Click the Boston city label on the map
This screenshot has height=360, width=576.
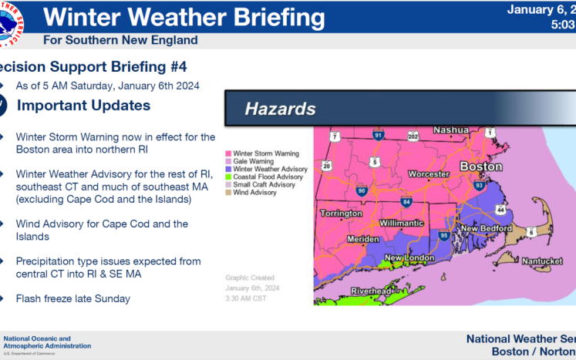pos(480,167)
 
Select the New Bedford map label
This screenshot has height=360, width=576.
pos(486,229)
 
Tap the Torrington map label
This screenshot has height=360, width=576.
pos(339,214)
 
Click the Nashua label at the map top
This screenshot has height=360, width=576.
pos(454,130)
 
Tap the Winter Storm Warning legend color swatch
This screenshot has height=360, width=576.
pos(228,153)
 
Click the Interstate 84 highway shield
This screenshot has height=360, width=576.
pos(406,202)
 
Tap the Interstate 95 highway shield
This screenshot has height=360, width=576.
pos(443,235)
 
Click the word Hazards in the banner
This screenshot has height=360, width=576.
pos(280,109)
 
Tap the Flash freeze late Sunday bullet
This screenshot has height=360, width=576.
pos(72,298)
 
